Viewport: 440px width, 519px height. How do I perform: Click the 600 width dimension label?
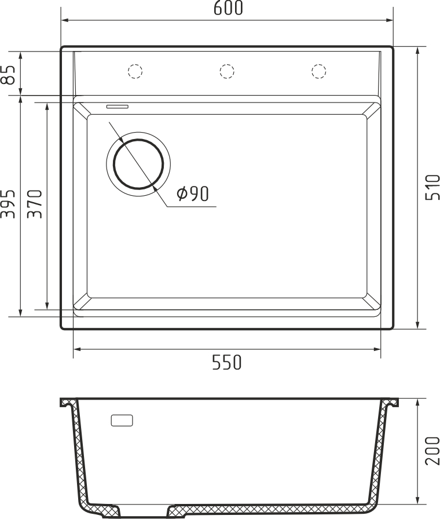click(228, 8)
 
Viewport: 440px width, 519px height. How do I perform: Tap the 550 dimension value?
click(227, 362)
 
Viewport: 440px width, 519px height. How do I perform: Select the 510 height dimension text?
click(432, 187)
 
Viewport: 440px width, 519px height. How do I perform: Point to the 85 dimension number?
click(8, 75)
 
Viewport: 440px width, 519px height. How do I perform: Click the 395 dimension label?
click(8, 204)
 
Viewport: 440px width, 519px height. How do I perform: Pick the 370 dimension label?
click(35, 204)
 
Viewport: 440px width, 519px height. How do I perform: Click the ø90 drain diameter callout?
click(193, 194)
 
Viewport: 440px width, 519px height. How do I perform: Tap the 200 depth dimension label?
click(432, 451)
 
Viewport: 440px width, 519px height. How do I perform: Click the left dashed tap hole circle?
click(135, 71)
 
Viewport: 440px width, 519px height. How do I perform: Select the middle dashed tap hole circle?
click(227, 71)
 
